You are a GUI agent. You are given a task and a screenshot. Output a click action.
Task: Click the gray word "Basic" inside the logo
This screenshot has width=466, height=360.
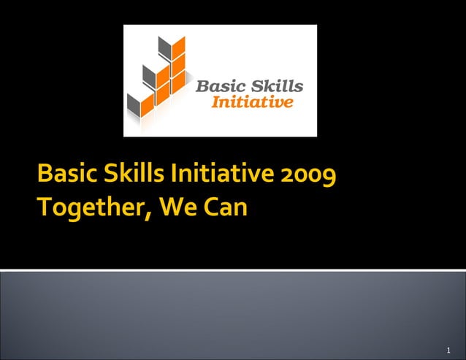coord(218,87)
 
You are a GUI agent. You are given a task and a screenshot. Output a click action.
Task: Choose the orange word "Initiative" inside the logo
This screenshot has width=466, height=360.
coord(252,102)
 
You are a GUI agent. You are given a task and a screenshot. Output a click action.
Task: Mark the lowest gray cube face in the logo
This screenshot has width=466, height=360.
coord(133,104)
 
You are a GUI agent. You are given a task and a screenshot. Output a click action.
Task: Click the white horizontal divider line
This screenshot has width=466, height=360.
coord(233,270)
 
